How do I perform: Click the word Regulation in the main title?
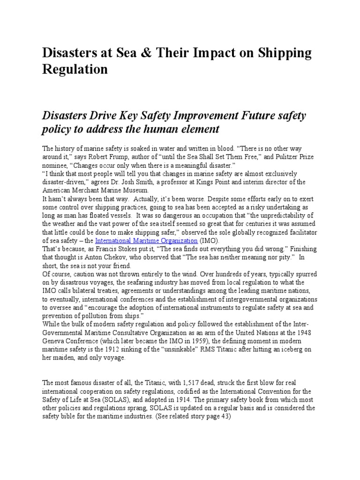[75, 70]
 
